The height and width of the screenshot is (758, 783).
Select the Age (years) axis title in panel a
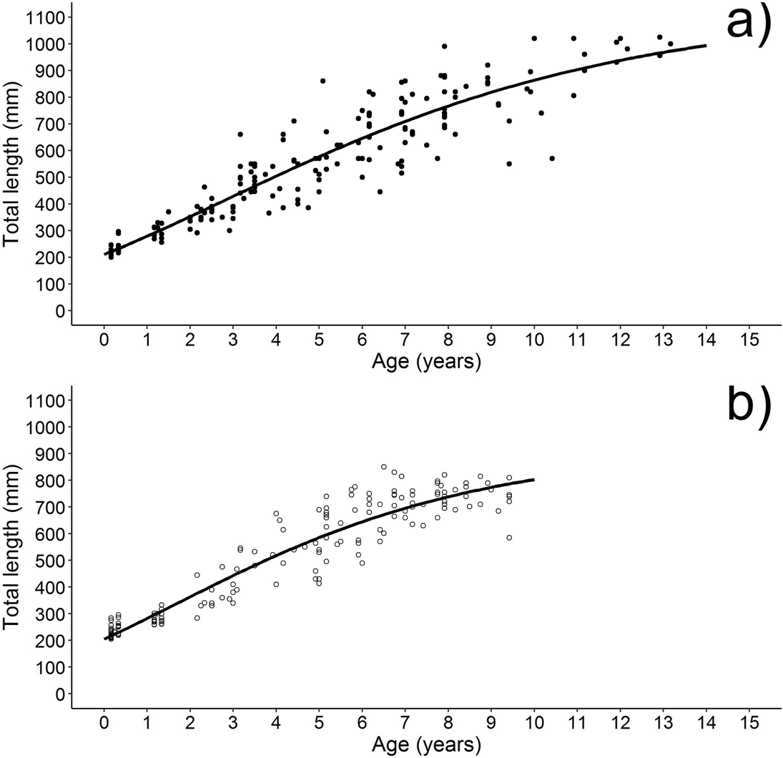point(426,362)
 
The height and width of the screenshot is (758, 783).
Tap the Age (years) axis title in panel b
point(426,745)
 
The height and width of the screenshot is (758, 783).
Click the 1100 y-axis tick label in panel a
point(45,17)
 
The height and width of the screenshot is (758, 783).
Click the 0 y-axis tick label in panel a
point(60,311)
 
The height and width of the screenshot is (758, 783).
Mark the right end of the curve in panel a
point(706,46)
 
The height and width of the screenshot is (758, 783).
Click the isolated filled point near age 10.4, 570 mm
point(552,158)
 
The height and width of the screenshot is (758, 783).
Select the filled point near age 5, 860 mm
point(322,81)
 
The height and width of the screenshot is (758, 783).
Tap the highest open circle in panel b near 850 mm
point(384,467)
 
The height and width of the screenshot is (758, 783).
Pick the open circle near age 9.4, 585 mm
point(509,538)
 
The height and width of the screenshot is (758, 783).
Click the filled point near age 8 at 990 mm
point(444,46)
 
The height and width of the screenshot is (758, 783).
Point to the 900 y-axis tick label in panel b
point(50,454)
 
